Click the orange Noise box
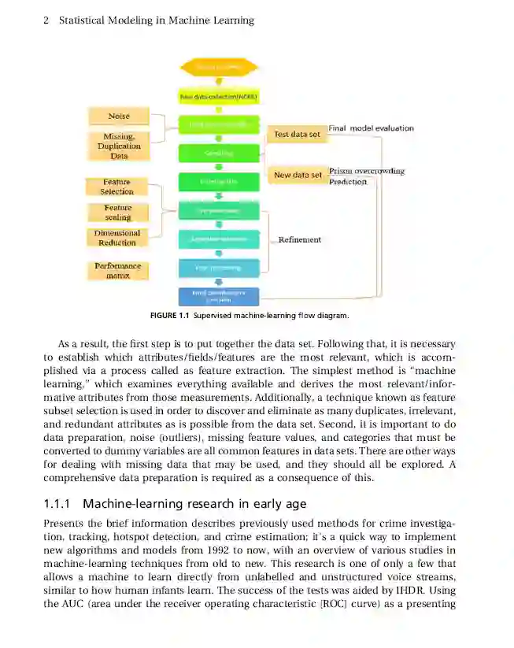(x=119, y=117)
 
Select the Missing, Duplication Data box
(x=119, y=146)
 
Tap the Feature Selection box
(x=116, y=187)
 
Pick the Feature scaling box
(x=117, y=213)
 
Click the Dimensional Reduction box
(x=116, y=238)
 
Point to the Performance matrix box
(x=117, y=271)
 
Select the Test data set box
(x=297, y=135)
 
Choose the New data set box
(x=297, y=175)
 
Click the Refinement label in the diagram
(x=299, y=239)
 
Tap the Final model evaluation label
(x=371, y=128)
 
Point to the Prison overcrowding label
(x=367, y=171)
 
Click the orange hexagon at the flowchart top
(x=218, y=68)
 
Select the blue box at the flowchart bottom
(x=218, y=296)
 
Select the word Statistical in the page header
(x=86, y=20)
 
